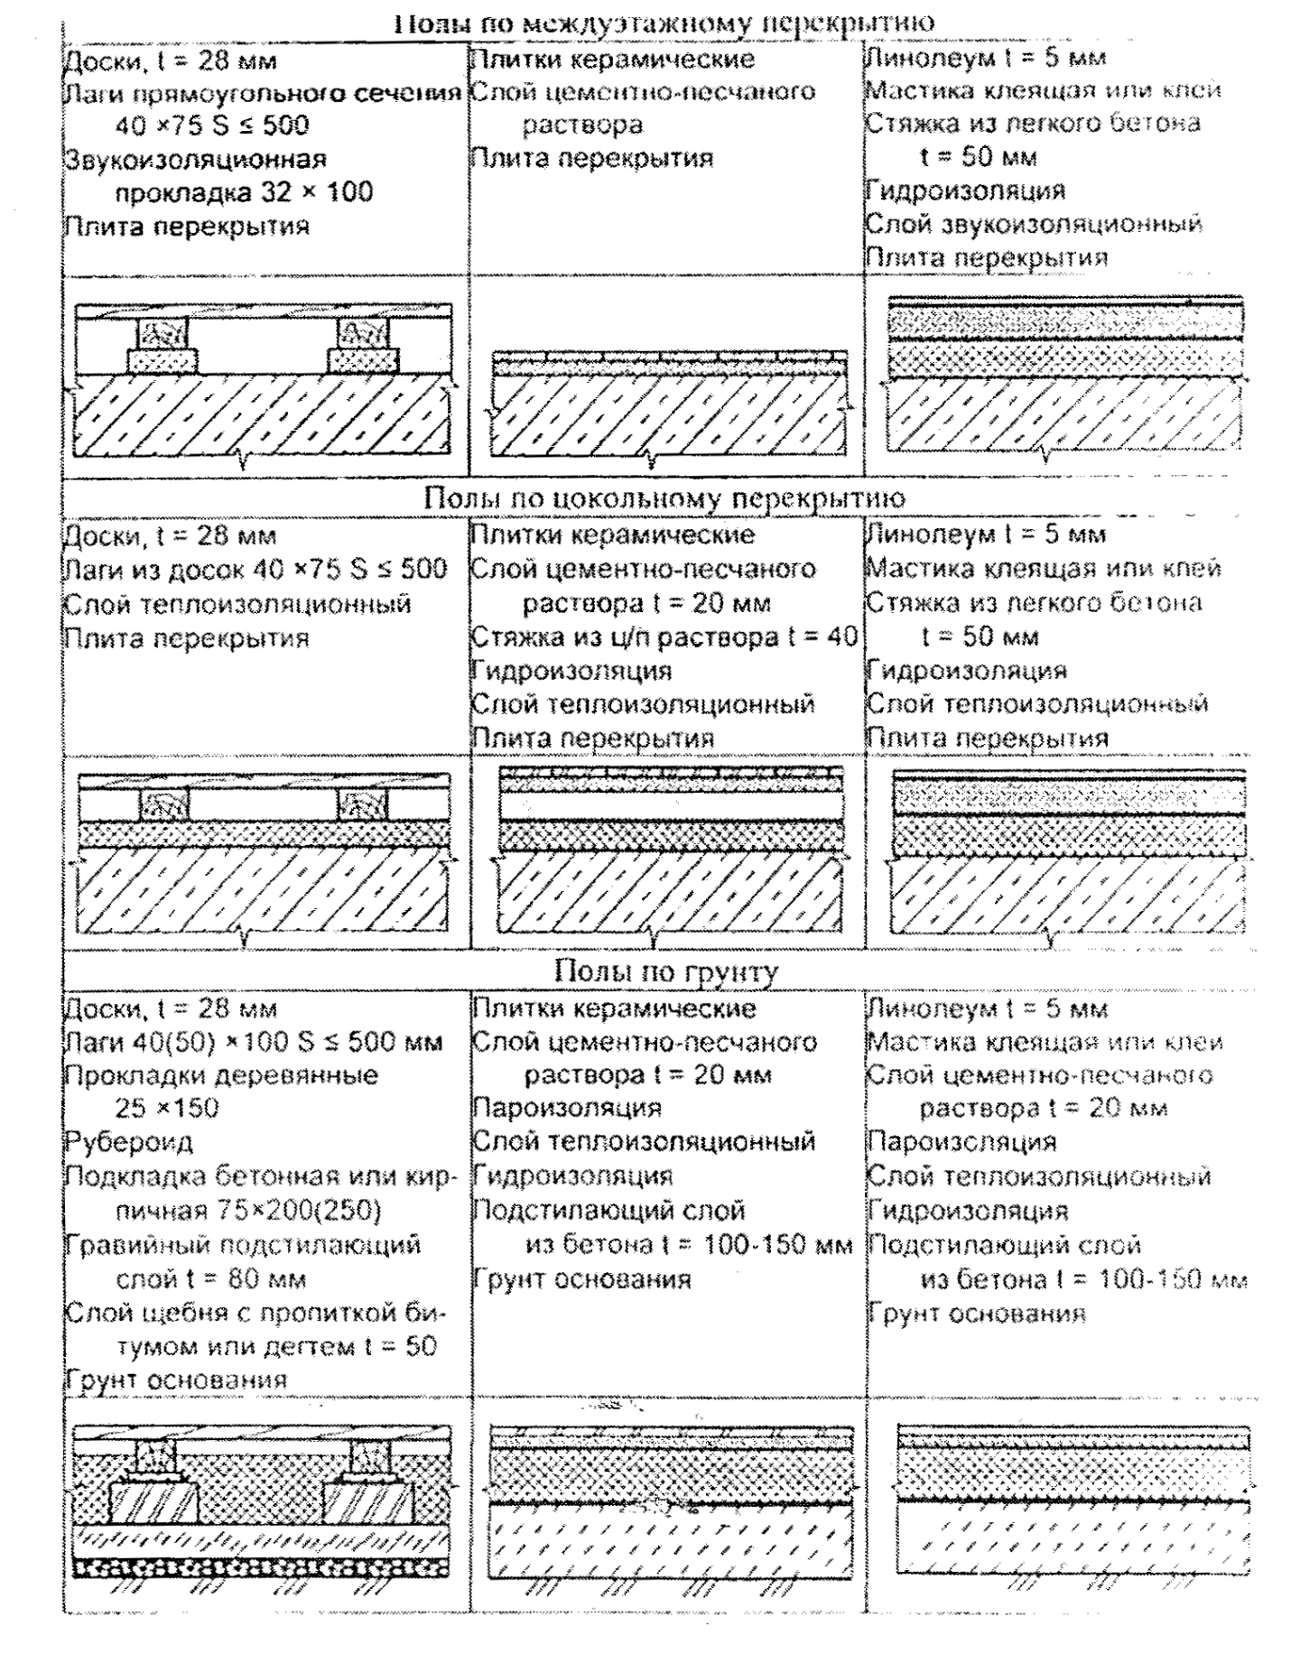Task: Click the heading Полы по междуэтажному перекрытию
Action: pos(664,22)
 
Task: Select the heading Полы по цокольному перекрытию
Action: pos(664,497)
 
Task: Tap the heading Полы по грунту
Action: pos(665,971)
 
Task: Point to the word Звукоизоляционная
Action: pos(195,159)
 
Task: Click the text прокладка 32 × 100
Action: pos(244,192)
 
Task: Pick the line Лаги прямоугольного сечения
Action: pos(262,92)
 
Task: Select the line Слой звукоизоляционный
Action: pos(1034,224)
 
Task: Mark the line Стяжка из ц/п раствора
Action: pos(664,637)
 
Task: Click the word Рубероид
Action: pos(128,1142)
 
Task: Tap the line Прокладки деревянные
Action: pos(221,1075)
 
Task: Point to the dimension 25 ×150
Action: pos(167,1109)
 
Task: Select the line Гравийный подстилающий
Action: pos(242,1245)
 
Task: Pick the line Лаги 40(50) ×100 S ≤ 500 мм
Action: pos(253,1042)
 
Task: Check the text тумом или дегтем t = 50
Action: pos(276,1346)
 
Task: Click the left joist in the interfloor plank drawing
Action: pos(162,336)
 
